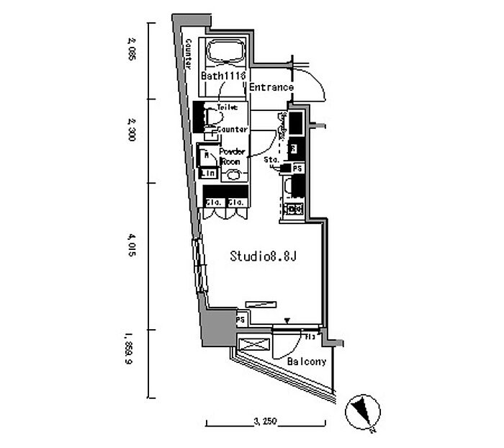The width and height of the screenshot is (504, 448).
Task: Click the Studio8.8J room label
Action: (264, 256)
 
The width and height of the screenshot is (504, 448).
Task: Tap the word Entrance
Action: (271, 88)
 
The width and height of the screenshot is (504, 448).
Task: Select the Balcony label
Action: (307, 362)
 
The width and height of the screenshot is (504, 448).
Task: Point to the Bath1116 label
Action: (224, 76)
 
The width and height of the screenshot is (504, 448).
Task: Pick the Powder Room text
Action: (232, 156)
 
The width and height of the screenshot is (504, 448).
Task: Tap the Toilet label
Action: (227, 107)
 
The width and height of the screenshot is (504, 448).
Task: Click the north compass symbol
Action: (361, 413)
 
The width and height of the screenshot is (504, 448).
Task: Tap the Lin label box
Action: (208, 173)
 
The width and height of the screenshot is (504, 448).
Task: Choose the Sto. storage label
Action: (271, 158)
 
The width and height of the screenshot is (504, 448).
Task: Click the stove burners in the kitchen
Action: (294, 210)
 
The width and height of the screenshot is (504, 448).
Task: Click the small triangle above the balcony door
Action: (287, 321)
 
